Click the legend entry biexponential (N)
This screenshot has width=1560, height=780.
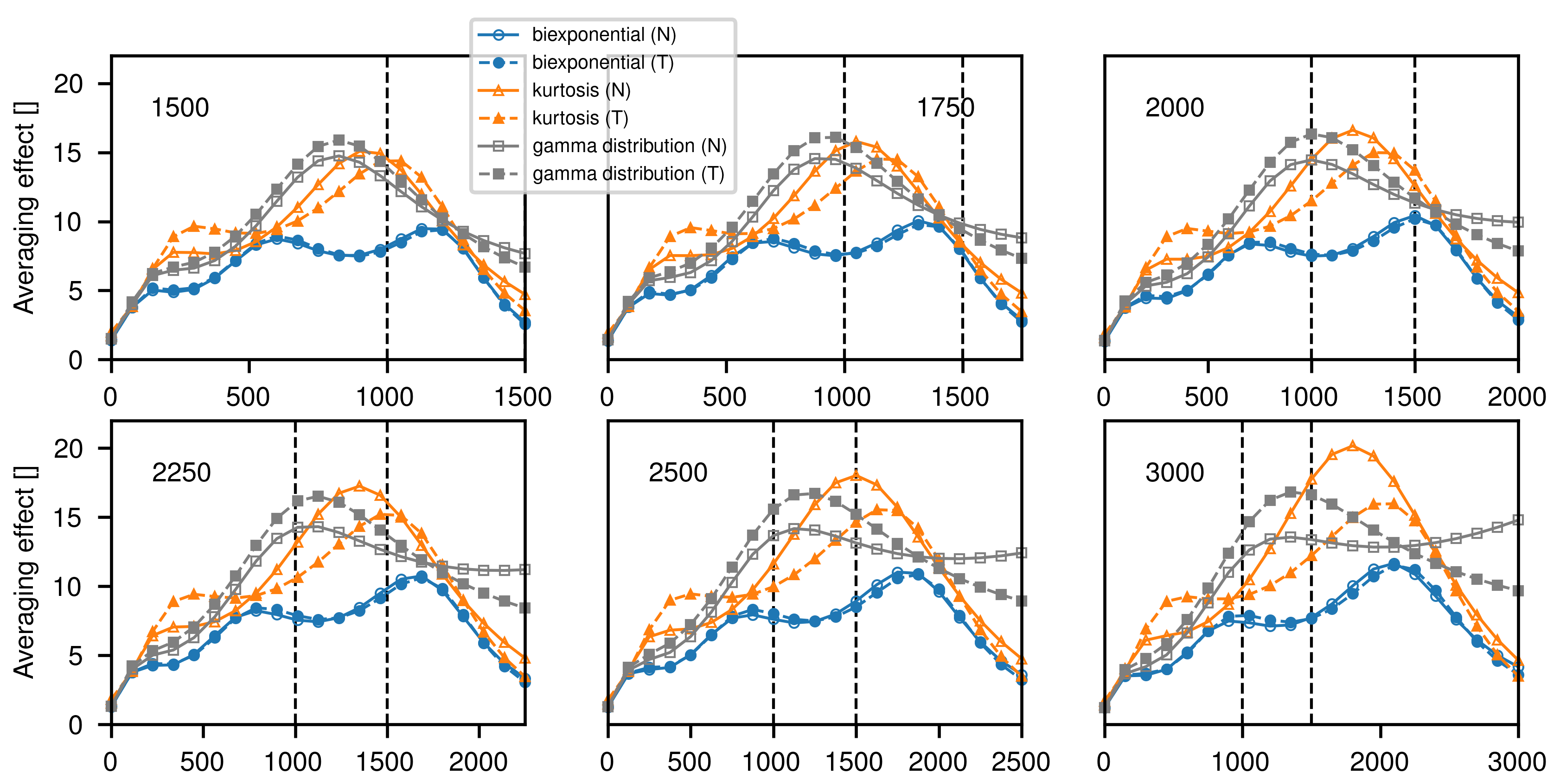tap(604, 34)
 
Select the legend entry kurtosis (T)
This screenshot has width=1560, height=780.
tap(580, 118)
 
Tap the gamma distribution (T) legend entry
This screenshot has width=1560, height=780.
tap(628, 174)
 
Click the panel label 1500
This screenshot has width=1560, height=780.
tap(180, 108)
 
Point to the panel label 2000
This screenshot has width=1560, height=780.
tap(1174, 108)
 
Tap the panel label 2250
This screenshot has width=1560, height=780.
tap(181, 473)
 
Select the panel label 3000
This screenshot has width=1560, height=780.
tap(1174, 473)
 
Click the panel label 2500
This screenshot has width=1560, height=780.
tap(678, 473)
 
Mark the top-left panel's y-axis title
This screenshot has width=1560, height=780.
tap(26, 208)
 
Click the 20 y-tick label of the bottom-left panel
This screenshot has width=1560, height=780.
tap(68, 449)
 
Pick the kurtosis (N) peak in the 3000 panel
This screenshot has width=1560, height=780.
tap(1353, 446)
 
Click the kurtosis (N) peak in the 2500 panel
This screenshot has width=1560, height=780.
tap(856, 475)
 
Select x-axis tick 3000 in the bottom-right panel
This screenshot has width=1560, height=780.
tap(1516, 762)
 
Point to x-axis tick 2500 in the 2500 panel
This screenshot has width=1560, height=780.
tap(1020, 762)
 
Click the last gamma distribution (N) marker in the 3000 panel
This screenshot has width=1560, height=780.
tap(1518, 519)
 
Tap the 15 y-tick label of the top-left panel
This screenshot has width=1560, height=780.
tap(68, 153)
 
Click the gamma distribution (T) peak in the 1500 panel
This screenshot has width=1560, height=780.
tap(339, 141)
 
